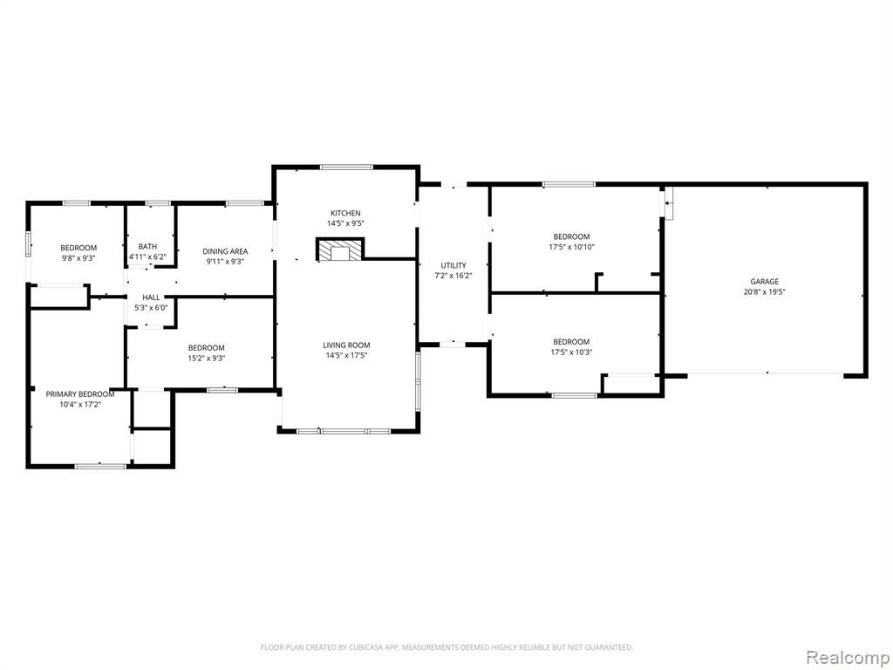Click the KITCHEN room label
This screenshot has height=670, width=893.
(346, 213)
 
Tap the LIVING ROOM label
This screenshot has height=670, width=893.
(346, 345)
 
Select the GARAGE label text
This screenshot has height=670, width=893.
(764, 282)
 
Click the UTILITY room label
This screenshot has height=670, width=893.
(453, 265)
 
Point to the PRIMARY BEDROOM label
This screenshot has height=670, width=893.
(79, 393)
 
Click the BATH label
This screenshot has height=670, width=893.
(147, 246)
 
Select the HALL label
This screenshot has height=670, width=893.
(151, 297)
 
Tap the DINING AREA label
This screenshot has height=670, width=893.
(225, 250)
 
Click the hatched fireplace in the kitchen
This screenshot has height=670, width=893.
(340, 250)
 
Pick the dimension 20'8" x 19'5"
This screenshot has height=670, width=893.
(764, 291)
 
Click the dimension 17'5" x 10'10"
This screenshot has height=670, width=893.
(571, 247)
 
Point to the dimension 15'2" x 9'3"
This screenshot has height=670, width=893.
(206, 358)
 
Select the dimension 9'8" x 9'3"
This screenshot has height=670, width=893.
(78, 257)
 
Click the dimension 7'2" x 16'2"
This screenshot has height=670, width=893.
(453, 275)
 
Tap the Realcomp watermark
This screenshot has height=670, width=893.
(848, 658)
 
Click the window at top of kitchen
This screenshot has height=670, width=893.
(346, 167)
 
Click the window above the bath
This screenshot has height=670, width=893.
(158, 202)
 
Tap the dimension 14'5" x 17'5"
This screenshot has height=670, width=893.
(346, 355)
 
